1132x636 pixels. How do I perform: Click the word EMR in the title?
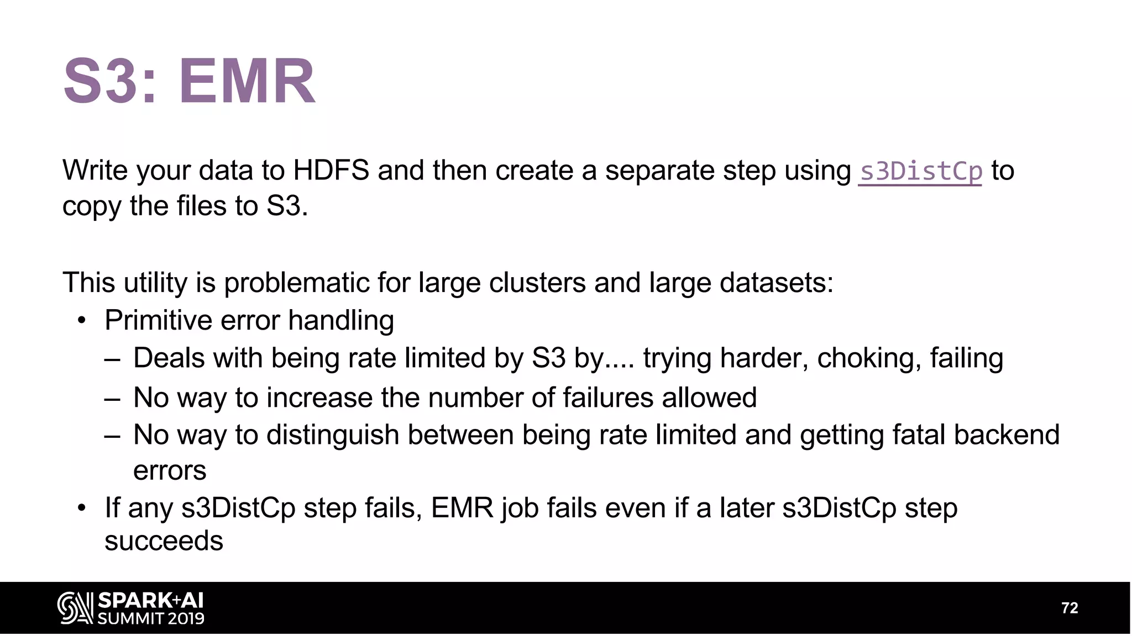(x=247, y=82)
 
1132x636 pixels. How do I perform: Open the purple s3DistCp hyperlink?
(x=920, y=171)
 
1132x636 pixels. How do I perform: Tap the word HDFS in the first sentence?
(x=331, y=170)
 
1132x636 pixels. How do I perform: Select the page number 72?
(x=1070, y=608)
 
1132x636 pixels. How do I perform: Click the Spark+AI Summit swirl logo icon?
(x=75, y=608)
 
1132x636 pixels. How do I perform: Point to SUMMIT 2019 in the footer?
(x=151, y=618)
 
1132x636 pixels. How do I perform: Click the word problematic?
(x=296, y=283)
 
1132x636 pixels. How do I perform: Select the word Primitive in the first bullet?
(x=158, y=320)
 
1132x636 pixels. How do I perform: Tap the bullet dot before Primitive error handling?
(x=82, y=321)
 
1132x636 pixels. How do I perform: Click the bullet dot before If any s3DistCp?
(x=82, y=508)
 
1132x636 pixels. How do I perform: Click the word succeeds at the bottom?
(x=164, y=540)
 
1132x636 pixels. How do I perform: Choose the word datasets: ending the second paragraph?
(x=776, y=283)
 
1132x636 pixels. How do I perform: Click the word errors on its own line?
(x=170, y=471)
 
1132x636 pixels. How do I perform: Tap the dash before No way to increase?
(x=112, y=398)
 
